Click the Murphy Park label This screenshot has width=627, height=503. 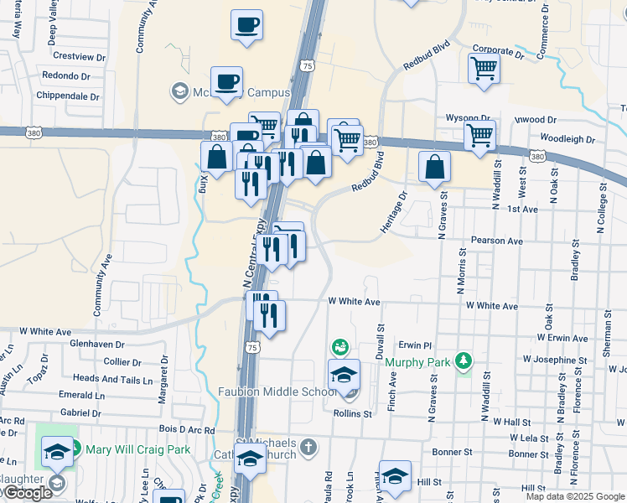pyautogui.click(x=418, y=362)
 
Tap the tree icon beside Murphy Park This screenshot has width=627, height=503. pyautogui.click(x=462, y=361)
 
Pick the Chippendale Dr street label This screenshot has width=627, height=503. pyautogui.click(x=65, y=96)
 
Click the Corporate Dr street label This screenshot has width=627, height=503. pyautogui.click(x=497, y=52)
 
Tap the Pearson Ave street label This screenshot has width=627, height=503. pyautogui.click(x=496, y=241)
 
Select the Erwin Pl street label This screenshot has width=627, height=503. pyautogui.click(x=414, y=345)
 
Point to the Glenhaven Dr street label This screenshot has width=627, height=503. pyautogui.click(x=96, y=344)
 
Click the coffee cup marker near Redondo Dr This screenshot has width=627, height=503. pyautogui.click(x=226, y=81)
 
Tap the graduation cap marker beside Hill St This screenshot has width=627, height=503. pyautogui.click(x=394, y=476)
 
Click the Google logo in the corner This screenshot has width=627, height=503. pyautogui.click(x=26, y=494)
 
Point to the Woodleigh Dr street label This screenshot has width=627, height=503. pyautogui.click(x=567, y=138)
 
